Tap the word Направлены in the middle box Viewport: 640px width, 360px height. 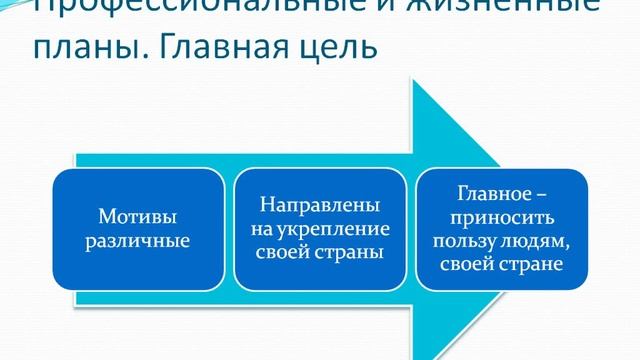319,204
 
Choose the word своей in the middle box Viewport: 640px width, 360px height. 290,252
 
